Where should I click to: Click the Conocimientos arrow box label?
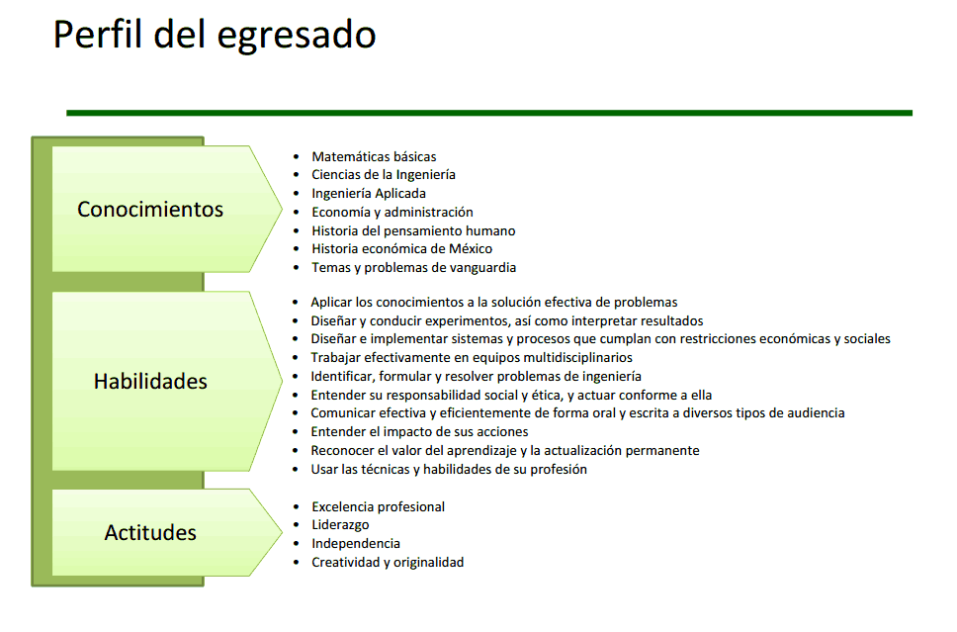(x=150, y=210)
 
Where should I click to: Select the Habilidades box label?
(x=150, y=381)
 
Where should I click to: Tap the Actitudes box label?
(x=150, y=533)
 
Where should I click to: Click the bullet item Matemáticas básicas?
(x=374, y=156)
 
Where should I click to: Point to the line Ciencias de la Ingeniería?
(x=384, y=175)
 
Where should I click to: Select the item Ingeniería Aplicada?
(x=369, y=194)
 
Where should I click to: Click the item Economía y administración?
(x=392, y=212)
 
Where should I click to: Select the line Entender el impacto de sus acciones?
(x=419, y=432)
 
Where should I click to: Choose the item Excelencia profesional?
(x=378, y=507)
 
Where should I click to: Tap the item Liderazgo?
(x=340, y=525)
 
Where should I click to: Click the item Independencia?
(x=356, y=544)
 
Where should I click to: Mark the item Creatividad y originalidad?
(x=388, y=563)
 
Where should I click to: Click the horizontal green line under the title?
(x=488, y=113)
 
